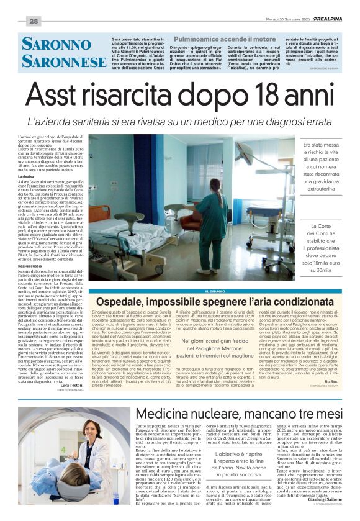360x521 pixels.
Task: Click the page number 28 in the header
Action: (x=34, y=21)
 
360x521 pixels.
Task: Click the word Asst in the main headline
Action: (x=64, y=97)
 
